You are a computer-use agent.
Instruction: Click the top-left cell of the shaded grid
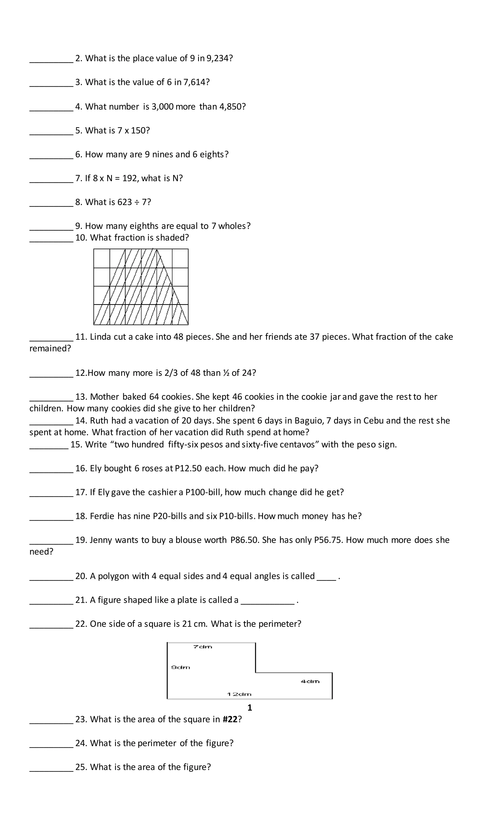[x=102, y=258]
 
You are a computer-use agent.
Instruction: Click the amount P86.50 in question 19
[x=244, y=540]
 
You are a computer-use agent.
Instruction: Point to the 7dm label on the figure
[x=203, y=647]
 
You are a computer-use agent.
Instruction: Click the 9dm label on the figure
[x=181, y=667]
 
